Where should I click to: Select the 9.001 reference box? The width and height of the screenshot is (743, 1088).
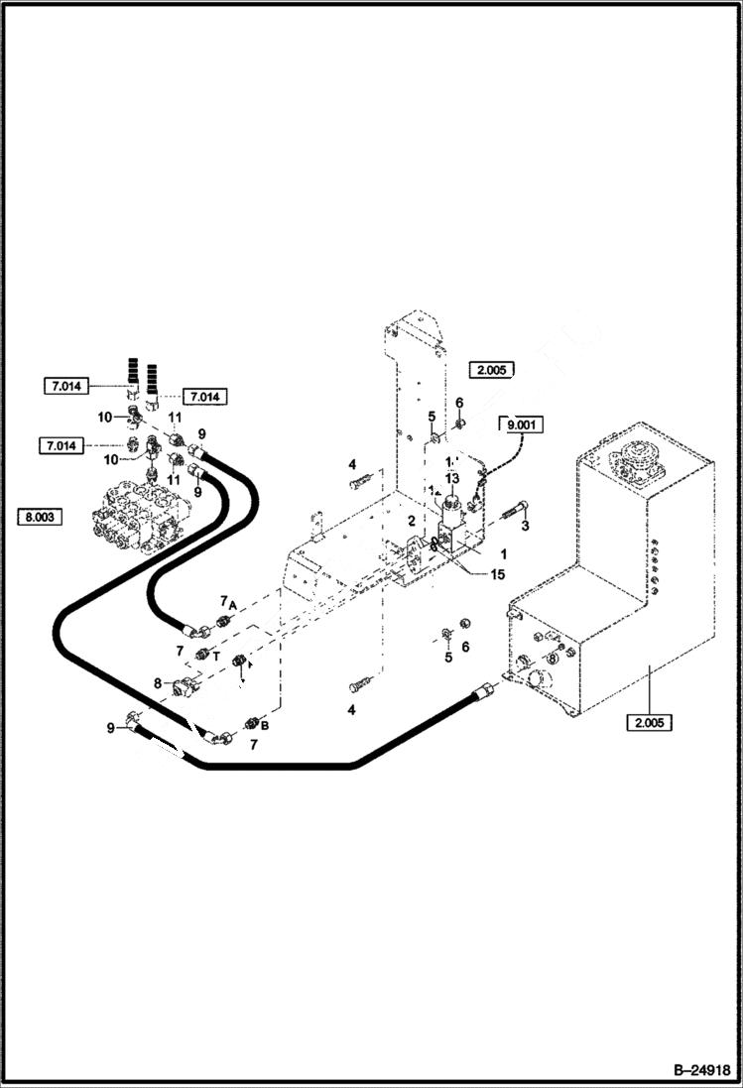[522, 425]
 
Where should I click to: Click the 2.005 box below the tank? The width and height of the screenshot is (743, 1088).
[649, 722]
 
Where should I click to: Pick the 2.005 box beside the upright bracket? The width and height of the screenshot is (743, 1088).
[493, 370]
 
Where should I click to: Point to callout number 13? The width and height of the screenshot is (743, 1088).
[452, 479]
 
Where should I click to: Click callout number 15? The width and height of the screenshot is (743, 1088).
[496, 574]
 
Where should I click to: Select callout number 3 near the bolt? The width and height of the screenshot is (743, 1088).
[526, 526]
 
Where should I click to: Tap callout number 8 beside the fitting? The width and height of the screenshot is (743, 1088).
[157, 682]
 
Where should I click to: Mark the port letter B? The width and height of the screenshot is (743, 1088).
[265, 725]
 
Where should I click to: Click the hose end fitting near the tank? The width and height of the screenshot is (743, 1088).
[482, 689]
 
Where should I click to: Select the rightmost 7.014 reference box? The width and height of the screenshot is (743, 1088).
[203, 397]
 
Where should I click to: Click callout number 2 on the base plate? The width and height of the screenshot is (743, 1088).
[411, 521]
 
